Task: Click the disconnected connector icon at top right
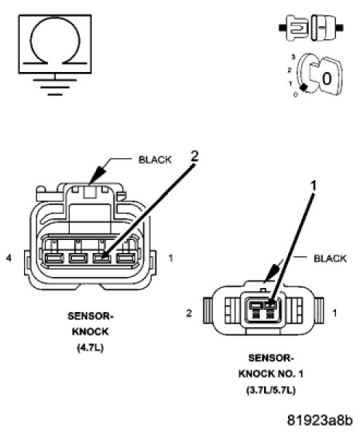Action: [x=311, y=28]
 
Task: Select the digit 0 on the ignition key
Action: [x=327, y=79]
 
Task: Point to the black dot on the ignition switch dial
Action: [x=303, y=87]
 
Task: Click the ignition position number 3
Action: [x=293, y=57]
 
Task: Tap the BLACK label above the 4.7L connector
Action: [x=155, y=160]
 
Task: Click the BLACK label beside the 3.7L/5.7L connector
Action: [x=330, y=258]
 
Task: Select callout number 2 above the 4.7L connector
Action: [x=194, y=156]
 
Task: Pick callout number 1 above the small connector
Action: [x=313, y=186]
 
